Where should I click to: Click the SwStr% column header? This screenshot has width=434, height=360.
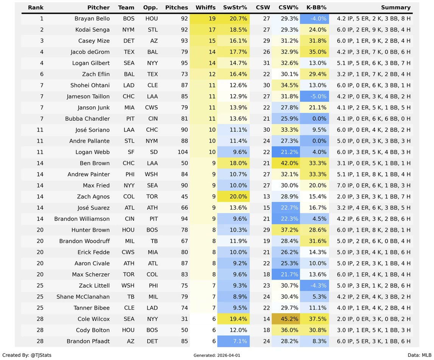tap(235, 8)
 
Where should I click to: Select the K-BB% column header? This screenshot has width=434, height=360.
tap(316, 8)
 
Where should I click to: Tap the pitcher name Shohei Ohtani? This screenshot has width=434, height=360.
tap(90, 85)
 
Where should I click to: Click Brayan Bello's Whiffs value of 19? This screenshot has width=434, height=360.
tap(212, 19)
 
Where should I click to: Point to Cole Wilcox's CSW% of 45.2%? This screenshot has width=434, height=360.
tap(288, 319)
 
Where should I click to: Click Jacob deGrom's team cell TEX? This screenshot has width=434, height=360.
tap(129, 52)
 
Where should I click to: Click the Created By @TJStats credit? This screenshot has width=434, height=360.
tap(27, 355)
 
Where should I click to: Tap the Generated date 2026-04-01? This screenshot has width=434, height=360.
tap(216, 356)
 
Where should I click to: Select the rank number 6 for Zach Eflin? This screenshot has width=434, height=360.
tap(42, 74)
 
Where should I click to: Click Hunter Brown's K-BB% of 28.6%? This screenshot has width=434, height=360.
tap(317, 230)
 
